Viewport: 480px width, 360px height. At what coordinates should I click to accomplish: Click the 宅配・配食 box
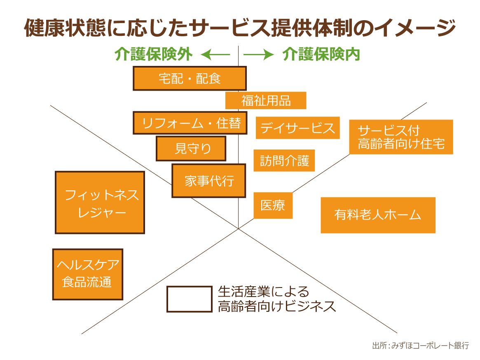(x=190, y=78)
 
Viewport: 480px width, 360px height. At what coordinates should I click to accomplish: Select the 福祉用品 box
(x=266, y=101)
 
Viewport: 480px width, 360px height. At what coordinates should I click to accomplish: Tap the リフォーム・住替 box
(x=190, y=123)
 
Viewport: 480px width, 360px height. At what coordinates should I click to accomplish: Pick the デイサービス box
(x=298, y=128)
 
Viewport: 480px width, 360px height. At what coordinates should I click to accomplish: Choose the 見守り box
(x=191, y=148)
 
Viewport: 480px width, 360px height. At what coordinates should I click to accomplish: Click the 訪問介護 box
(x=284, y=161)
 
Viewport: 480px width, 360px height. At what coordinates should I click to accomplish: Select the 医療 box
(x=273, y=205)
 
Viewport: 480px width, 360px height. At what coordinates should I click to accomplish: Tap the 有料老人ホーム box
(x=378, y=215)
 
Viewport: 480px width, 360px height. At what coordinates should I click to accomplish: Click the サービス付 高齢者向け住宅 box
(x=401, y=137)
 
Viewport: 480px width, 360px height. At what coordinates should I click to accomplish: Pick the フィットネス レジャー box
(x=100, y=203)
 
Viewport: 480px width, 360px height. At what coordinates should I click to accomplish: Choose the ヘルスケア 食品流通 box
(x=88, y=274)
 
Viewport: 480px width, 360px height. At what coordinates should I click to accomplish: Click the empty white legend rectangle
(x=189, y=299)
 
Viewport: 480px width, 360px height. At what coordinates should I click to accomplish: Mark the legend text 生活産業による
(x=263, y=292)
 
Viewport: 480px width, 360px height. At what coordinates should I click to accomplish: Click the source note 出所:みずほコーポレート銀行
(x=420, y=346)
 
